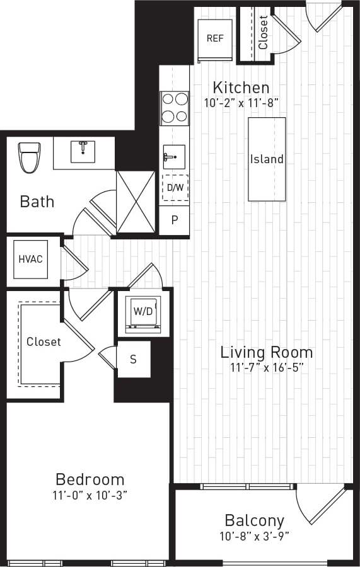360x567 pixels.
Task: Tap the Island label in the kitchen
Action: [267, 159]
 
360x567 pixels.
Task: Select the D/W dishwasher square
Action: [175, 187]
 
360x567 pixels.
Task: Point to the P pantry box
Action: [175, 221]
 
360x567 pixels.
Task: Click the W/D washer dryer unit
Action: [142, 311]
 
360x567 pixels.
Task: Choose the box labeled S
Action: [134, 360]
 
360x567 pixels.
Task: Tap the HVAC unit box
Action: [30, 259]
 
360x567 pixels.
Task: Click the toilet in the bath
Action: [29, 157]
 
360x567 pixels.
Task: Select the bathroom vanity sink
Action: [83, 152]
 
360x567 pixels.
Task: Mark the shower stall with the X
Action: [136, 202]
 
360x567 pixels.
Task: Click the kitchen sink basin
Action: [173, 156]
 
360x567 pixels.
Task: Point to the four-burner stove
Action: [174, 107]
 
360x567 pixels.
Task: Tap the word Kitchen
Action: [241, 88]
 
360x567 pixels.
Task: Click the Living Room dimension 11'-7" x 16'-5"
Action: [266, 368]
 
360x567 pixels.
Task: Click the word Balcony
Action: [254, 521]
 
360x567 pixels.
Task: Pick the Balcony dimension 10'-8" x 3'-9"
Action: [254, 537]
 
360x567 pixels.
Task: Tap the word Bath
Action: [37, 202]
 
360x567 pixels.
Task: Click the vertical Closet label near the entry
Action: [263, 33]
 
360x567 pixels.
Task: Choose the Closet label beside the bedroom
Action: [44, 341]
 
